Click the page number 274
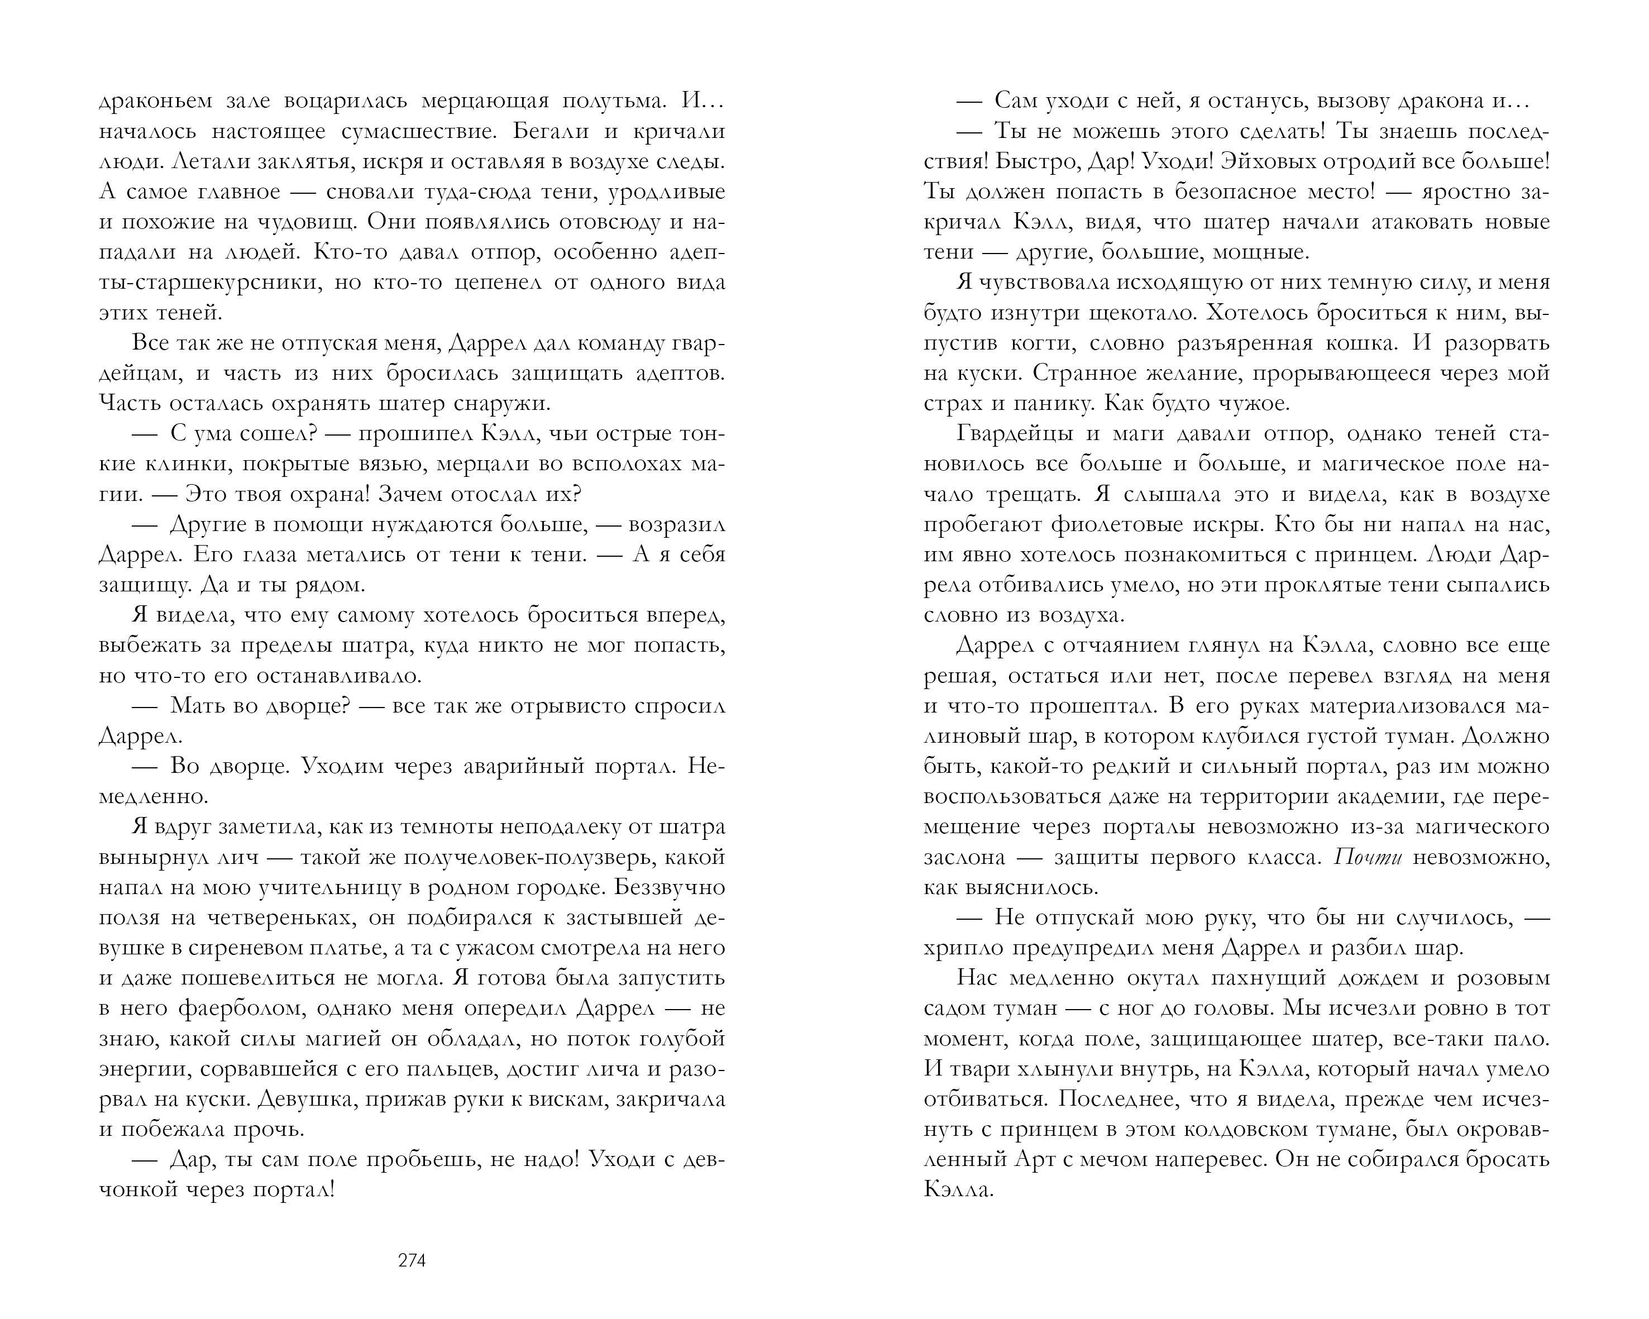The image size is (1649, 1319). [x=412, y=1261]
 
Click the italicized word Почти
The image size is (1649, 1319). [x=1368, y=857]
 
